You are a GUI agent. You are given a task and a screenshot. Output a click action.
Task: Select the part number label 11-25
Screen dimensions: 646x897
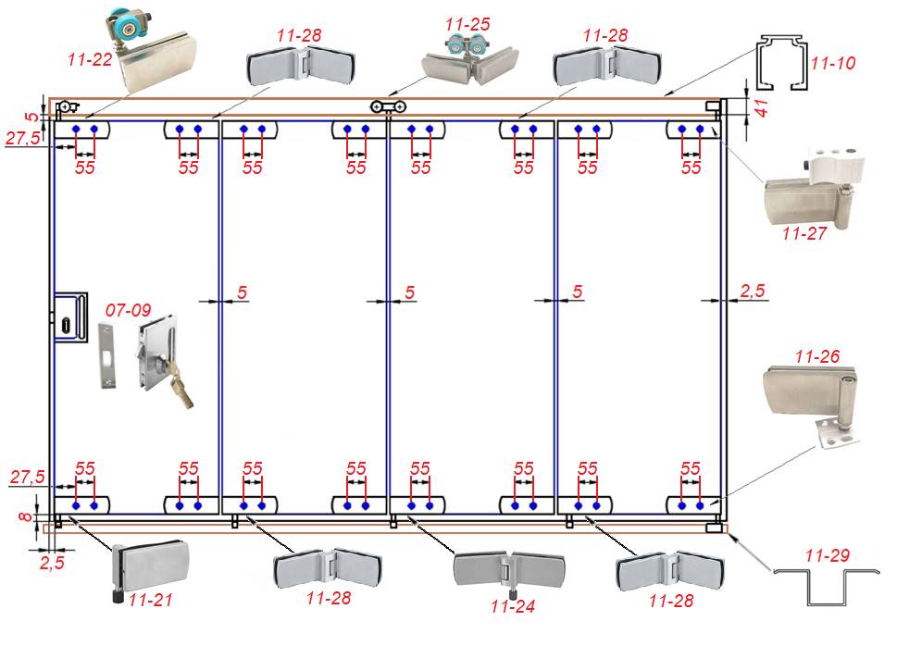coord(467,22)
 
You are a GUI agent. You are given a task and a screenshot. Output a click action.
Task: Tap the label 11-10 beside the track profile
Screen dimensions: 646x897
coord(832,64)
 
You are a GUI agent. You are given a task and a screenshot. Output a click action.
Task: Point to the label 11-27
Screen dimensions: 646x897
coord(804,233)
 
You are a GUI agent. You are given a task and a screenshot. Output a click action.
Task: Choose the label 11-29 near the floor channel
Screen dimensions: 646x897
coord(828,556)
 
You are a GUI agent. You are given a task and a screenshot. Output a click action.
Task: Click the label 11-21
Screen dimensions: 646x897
coord(151,601)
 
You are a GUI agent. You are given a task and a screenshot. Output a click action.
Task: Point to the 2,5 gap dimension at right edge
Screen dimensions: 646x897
coord(752,292)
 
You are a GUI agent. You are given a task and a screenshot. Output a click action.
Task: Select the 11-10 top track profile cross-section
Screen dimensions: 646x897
coord(782,65)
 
